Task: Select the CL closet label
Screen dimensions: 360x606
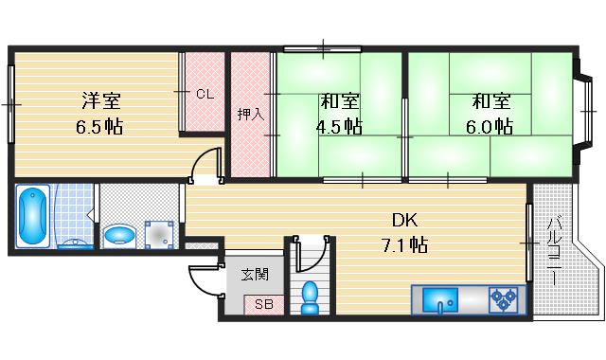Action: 205,94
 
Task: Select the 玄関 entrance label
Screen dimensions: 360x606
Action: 255,275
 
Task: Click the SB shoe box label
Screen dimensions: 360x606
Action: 262,305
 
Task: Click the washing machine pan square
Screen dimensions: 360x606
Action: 157,232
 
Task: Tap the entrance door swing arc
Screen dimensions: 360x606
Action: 203,280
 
